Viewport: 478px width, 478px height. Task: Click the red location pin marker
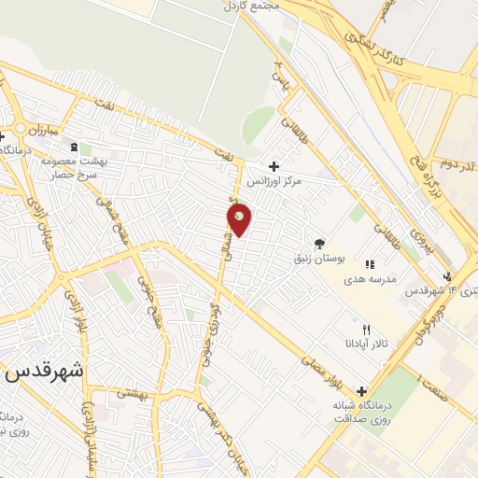click(x=240, y=218)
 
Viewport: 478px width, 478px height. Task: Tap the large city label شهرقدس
click(x=43, y=370)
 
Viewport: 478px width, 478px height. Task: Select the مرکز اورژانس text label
click(x=297, y=182)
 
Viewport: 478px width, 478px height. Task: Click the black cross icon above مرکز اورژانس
click(x=273, y=165)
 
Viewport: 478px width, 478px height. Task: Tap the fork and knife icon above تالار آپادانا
click(x=366, y=330)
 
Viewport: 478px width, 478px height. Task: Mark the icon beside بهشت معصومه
click(x=75, y=147)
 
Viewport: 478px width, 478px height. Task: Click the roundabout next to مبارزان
click(x=19, y=129)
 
